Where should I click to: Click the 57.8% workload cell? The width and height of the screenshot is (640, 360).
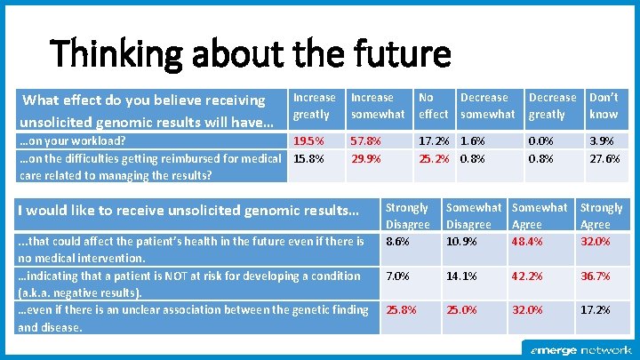(x=366, y=141)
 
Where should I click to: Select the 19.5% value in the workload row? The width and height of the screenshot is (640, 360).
(x=308, y=141)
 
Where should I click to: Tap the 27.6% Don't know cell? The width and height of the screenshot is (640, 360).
(x=604, y=159)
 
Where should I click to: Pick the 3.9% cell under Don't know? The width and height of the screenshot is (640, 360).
(x=601, y=141)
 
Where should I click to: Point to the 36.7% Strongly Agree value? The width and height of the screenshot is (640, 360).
(x=595, y=276)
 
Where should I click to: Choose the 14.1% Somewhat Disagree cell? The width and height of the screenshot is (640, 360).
(x=461, y=276)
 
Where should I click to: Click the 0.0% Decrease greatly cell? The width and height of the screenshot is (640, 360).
(x=540, y=141)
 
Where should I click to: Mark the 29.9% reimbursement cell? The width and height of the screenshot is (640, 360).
(x=366, y=159)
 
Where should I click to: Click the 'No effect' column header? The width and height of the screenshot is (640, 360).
(x=433, y=106)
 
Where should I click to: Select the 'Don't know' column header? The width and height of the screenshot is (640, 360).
(x=604, y=106)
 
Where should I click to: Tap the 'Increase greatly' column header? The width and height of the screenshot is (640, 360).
(x=315, y=106)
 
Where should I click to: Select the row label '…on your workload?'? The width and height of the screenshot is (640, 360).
(x=73, y=141)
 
